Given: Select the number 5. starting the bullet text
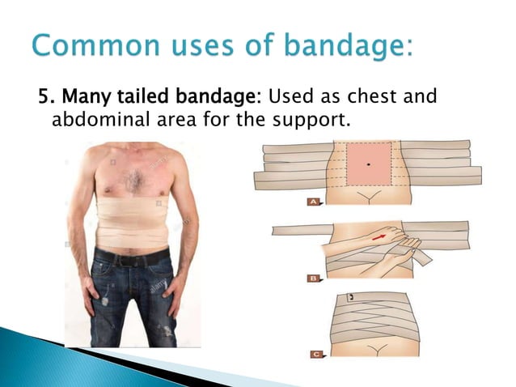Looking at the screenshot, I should (x=46, y=98).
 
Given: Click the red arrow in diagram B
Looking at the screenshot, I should (x=379, y=236).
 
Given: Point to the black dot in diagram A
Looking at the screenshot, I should (x=369, y=164).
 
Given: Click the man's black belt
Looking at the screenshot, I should (x=133, y=257).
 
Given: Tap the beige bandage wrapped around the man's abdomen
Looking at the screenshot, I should (x=133, y=223).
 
